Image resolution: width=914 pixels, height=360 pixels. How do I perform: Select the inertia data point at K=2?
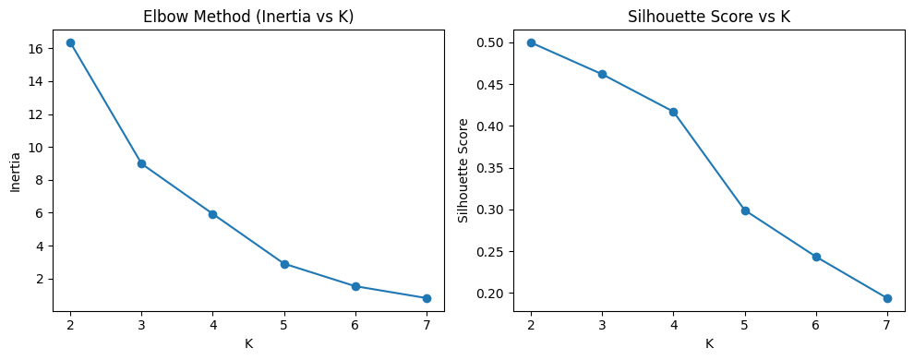click(70, 42)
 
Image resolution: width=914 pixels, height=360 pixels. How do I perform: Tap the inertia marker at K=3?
click(141, 163)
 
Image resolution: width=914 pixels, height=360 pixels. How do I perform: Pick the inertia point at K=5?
click(284, 264)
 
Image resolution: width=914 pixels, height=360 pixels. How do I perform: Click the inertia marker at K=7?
click(427, 298)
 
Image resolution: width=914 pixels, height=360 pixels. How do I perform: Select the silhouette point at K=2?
click(531, 42)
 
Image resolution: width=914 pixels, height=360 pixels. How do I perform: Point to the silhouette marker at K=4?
click(673, 112)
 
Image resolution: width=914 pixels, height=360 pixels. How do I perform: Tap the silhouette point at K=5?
click(745, 210)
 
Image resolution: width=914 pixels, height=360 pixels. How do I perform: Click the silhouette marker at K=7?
click(887, 298)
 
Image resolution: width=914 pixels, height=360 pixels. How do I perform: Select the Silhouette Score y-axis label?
click(464, 171)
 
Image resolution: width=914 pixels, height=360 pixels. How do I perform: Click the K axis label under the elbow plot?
click(248, 344)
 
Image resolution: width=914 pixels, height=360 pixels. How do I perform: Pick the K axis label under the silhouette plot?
click(709, 344)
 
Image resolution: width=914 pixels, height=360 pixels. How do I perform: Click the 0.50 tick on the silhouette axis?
click(491, 42)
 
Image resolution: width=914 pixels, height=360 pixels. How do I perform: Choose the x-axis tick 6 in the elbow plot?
click(355, 325)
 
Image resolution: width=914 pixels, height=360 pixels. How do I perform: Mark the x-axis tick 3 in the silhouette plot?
click(602, 325)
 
